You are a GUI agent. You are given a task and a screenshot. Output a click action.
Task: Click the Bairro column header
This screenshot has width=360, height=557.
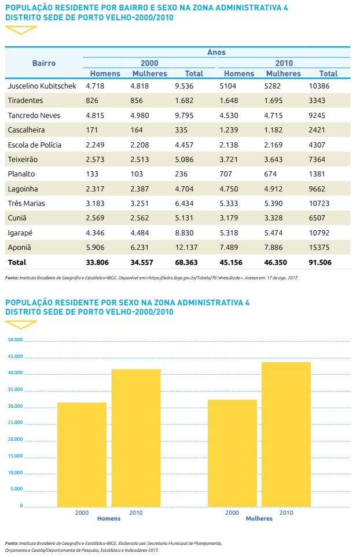coord(44,63)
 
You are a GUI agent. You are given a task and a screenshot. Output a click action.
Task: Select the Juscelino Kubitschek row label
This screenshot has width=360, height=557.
coord(43,86)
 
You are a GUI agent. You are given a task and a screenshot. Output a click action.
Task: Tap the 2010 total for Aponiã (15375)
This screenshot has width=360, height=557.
coord(328,248)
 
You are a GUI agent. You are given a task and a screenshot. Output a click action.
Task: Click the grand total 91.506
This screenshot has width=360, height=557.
coord(328,262)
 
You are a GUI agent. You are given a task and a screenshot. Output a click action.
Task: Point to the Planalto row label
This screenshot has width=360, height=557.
coord(22,174)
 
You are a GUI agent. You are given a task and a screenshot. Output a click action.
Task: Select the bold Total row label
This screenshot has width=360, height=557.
coord(17,262)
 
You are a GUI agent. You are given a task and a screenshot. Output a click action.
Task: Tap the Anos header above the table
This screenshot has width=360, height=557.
coord(216,52)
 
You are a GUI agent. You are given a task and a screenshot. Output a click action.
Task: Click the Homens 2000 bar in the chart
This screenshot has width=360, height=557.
coord(82,454)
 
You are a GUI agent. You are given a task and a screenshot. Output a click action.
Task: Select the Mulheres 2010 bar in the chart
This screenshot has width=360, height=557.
coord(286,434)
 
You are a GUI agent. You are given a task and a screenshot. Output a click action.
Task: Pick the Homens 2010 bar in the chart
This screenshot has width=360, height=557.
coord(136,437)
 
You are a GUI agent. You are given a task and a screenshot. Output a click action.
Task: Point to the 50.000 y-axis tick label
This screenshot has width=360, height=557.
coord(16,340)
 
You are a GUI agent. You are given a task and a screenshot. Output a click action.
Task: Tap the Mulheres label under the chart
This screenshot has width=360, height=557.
coord(259,519)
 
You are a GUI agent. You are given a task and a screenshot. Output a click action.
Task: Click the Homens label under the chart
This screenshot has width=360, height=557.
coord(109,519)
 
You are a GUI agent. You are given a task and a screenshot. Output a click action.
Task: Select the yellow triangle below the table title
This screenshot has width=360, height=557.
coord(20,29)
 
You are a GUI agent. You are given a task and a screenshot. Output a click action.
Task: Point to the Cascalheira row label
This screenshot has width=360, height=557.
coord(27,130)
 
